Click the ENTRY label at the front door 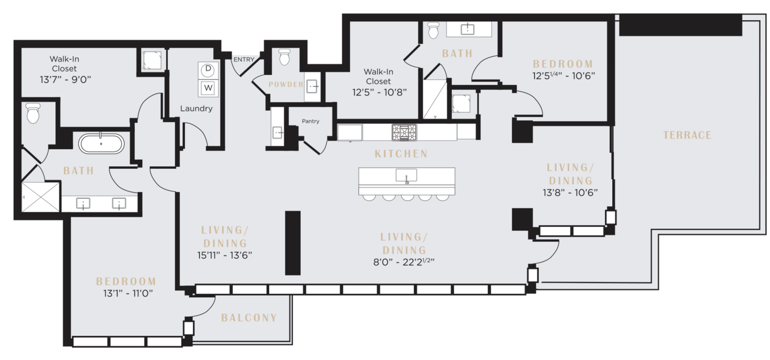point(244,59)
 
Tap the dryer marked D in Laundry point(208,70)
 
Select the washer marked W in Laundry point(208,88)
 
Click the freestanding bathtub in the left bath point(101,143)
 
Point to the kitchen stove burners point(404,132)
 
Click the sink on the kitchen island point(406,175)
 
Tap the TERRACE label point(687,135)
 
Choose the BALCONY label point(249,318)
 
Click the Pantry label point(311,121)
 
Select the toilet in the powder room point(284,57)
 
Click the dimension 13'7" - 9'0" point(65,79)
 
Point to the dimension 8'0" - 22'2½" point(404,262)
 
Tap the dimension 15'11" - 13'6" point(225,255)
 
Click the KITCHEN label point(401,154)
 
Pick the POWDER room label point(286,85)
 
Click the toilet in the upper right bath point(434,30)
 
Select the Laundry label point(197,108)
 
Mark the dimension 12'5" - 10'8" point(379,92)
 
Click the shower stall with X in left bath point(40,197)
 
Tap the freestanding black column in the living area point(293,243)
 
